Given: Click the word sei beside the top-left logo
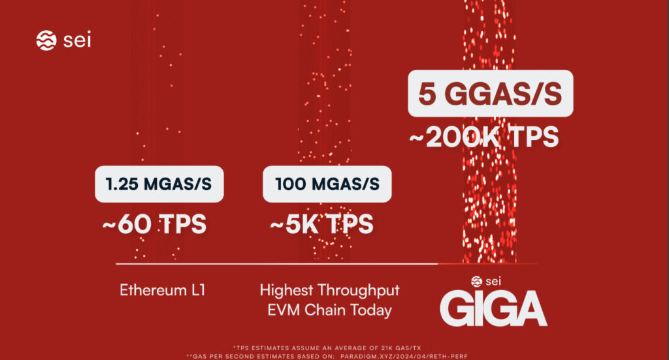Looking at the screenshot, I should (78, 41).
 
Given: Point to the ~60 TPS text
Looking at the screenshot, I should (154, 224).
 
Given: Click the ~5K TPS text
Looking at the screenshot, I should (322, 224).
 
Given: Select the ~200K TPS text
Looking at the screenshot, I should (484, 138).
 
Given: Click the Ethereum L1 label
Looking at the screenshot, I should (163, 289).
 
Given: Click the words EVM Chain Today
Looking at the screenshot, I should (329, 310).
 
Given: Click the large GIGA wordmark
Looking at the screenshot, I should (493, 308).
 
